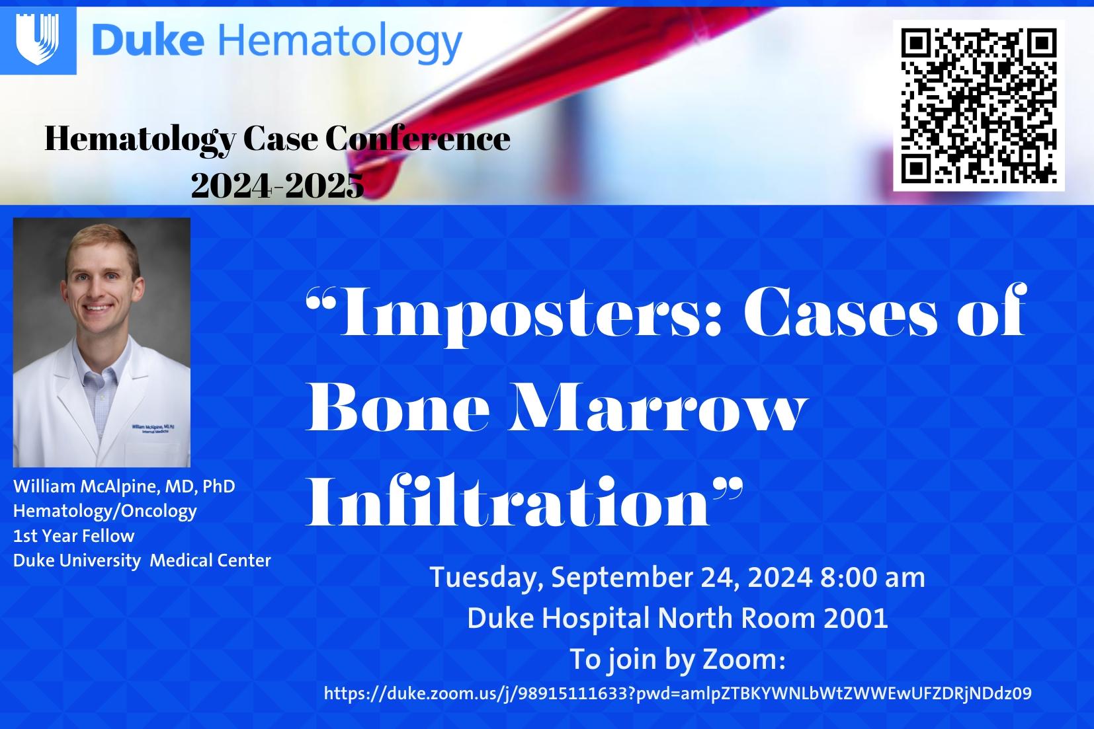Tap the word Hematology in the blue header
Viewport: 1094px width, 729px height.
pyautogui.click(x=338, y=42)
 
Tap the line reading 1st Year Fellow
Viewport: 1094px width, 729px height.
pyautogui.click(x=73, y=535)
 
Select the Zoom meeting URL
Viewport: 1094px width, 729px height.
pyautogui.click(x=677, y=693)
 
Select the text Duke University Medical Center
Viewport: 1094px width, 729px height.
pyautogui.click(x=142, y=560)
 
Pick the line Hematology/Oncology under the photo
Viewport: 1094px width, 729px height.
pyautogui.click(x=105, y=511)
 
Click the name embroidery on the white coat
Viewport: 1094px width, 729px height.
pyautogui.click(x=159, y=428)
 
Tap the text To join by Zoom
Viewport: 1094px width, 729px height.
pyautogui.click(x=677, y=660)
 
